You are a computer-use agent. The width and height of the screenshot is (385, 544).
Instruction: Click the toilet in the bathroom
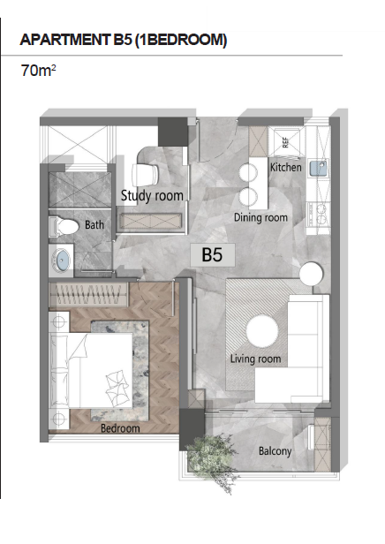coord(64,227)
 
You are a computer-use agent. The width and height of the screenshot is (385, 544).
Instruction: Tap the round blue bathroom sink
coord(62,260)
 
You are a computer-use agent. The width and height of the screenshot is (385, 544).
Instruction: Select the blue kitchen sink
coord(319,168)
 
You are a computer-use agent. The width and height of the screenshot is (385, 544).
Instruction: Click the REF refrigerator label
coord(285,142)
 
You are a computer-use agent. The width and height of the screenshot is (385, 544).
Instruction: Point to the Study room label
coord(152,196)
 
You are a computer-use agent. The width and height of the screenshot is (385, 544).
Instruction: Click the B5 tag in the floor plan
coord(212,254)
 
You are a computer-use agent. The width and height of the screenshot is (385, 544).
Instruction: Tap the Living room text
coord(255,359)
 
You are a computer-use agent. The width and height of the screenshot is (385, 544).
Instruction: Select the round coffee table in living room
coord(262,330)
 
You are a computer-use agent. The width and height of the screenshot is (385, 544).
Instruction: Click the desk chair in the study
coord(145,174)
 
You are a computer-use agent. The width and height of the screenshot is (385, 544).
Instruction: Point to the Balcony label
coord(275,451)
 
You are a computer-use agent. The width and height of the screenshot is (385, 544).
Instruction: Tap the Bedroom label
coord(120,428)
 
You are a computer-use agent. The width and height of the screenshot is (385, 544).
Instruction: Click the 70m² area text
coord(38,70)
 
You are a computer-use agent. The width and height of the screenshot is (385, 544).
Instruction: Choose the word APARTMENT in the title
coord(64,40)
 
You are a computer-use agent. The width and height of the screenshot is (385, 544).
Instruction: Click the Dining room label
coord(260,217)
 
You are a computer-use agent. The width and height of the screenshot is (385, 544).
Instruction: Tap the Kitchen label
coord(286,167)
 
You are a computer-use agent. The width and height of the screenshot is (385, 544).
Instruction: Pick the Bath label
coord(94,224)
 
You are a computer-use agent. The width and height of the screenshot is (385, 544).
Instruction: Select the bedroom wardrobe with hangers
coord(88,295)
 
